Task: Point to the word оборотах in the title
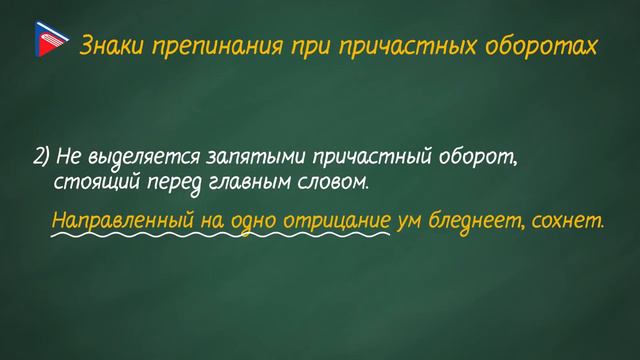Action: [547, 46]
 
